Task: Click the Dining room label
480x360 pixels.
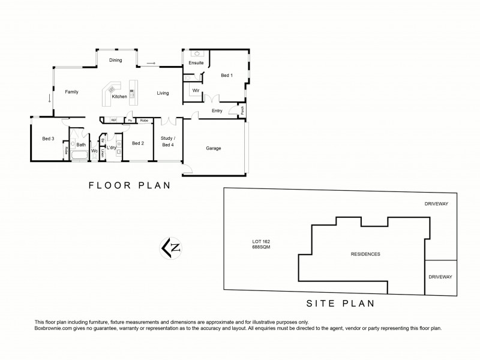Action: [116, 60]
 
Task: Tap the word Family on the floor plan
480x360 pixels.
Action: [72, 92]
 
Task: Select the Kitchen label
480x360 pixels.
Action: [119, 97]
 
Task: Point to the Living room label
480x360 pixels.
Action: [163, 93]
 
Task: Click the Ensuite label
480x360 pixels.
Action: [196, 62]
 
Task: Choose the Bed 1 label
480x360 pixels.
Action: [226, 76]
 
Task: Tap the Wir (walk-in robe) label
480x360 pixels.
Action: [196, 91]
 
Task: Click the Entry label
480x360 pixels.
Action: [217, 111]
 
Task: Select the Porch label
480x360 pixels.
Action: [242, 110]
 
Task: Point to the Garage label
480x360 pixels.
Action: [214, 148]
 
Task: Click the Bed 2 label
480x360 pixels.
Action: [138, 143]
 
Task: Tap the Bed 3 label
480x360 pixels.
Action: [48, 139]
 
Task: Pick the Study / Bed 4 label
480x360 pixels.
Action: [167, 141]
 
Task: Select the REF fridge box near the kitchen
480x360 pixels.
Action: [113, 121]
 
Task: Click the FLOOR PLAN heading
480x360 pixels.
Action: [130, 185]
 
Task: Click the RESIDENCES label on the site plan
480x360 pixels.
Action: [365, 254]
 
